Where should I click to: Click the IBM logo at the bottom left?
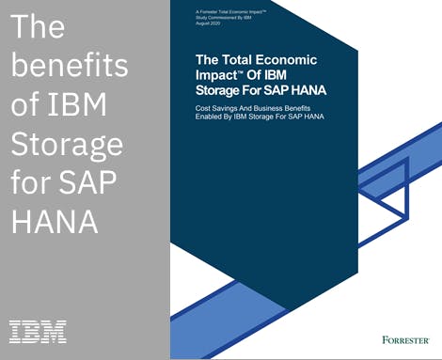pyautogui.click(x=38, y=330)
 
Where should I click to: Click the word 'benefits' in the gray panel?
pyautogui.click(x=69, y=67)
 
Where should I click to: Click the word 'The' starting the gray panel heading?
pyautogui.click(x=39, y=27)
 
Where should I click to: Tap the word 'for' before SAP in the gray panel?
pyautogui.click(x=35, y=184)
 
